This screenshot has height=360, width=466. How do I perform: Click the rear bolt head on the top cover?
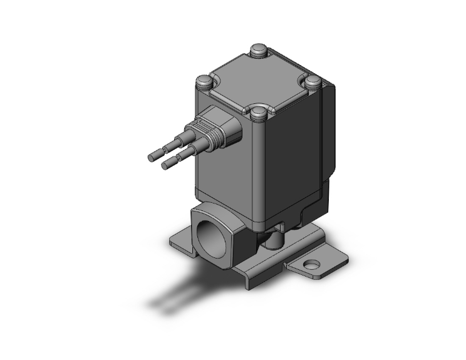(x=257, y=49)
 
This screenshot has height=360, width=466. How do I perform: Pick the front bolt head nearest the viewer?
(x=258, y=114)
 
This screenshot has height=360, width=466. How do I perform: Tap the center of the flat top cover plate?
(x=258, y=81)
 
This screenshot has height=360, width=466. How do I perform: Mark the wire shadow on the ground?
(x=175, y=294)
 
